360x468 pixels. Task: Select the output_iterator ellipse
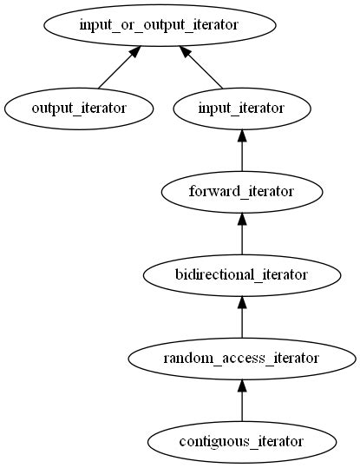tap(80, 108)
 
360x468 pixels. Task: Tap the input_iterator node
tap(241, 108)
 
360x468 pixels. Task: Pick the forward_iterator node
tap(241, 191)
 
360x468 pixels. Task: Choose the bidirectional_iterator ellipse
tap(241, 274)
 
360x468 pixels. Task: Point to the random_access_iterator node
tap(241, 358)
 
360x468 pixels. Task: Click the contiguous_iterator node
tap(241, 441)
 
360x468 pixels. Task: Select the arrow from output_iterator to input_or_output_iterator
tap(117, 69)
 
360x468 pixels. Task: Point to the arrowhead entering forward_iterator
tap(241, 220)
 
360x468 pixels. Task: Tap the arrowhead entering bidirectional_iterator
tap(241, 303)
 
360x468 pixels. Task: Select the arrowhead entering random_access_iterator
tap(241, 386)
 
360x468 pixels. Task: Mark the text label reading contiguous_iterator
tap(241, 442)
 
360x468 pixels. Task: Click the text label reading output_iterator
tap(80, 109)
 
